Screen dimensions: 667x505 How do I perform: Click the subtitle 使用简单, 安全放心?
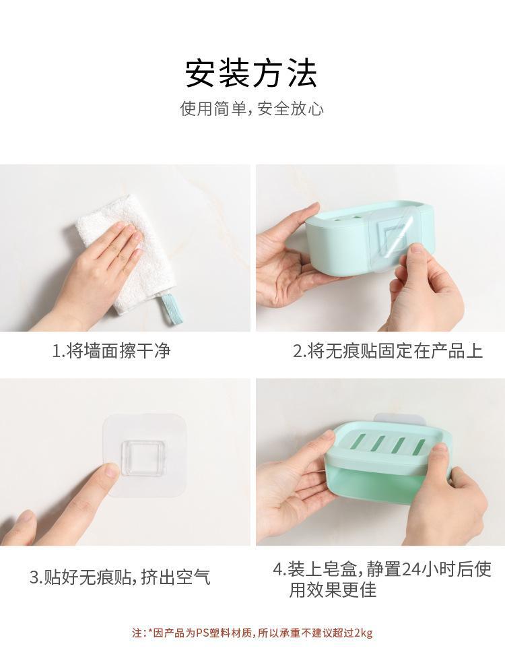(x=251, y=109)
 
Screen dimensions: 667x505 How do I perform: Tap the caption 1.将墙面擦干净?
(x=111, y=351)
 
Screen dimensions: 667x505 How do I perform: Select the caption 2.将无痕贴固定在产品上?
(x=387, y=351)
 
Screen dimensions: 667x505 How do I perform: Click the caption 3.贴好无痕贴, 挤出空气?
(x=120, y=577)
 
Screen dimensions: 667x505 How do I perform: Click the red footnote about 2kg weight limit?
(x=252, y=633)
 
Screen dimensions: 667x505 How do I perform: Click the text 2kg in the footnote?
(x=363, y=633)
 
